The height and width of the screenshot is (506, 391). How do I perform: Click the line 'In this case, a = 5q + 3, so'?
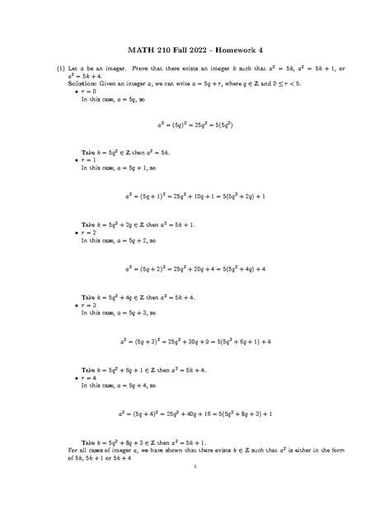[120, 313]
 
